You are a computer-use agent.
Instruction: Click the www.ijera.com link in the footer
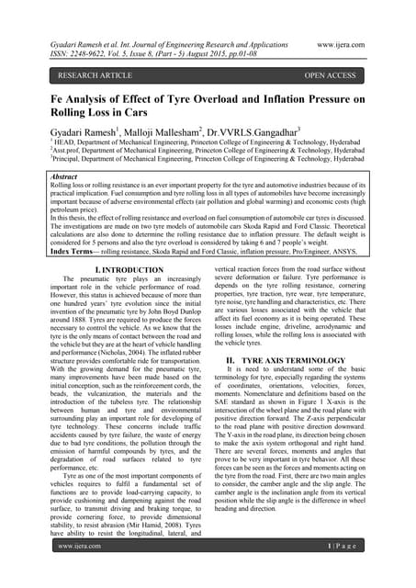click(80, 571)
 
